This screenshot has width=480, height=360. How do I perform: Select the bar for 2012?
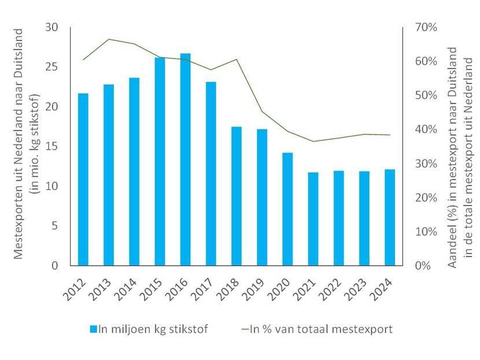tap(83, 179)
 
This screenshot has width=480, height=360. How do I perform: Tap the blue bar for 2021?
tap(313, 219)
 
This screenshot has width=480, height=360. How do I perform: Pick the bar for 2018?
tap(237, 196)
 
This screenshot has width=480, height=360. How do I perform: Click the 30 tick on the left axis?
tap(53, 28)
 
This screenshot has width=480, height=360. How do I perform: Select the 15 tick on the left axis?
tap(53, 147)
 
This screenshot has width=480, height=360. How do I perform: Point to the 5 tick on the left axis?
tap(56, 226)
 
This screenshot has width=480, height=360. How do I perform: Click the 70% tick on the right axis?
tap(424, 28)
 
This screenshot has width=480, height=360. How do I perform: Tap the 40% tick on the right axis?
tap(424, 129)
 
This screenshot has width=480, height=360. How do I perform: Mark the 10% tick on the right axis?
tap(424, 232)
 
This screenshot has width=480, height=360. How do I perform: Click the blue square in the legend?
tap(93, 329)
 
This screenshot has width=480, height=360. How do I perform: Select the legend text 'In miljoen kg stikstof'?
tap(153, 329)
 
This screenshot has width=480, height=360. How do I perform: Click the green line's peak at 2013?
tap(109, 39)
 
